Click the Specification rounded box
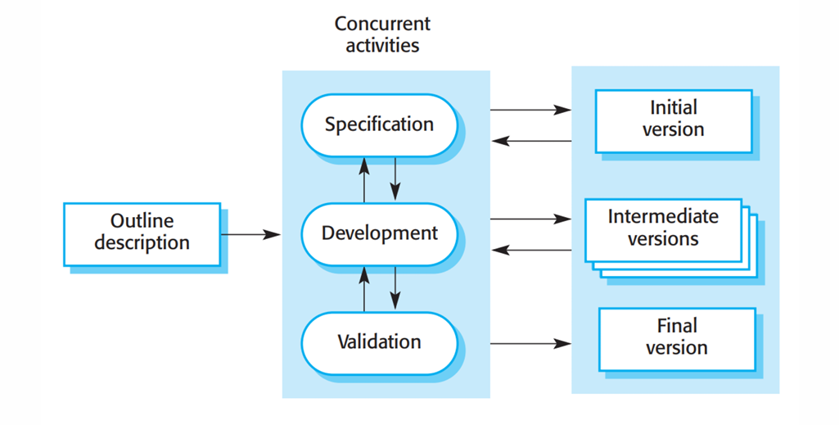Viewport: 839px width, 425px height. (379, 125)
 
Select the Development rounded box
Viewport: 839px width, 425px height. (379, 234)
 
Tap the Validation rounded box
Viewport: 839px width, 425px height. (379, 342)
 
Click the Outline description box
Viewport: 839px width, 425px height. (142, 234)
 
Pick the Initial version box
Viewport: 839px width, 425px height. (674, 121)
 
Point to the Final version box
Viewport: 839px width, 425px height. (677, 339)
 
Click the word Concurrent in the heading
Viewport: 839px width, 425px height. (382, 24)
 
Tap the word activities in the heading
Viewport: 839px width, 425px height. (382, 45)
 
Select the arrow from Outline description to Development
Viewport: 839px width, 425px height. (251, 234)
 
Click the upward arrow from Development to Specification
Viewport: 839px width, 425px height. (364, 180)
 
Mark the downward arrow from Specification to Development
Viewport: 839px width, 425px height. (395, 179)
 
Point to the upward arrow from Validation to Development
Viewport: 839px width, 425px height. (364, 289)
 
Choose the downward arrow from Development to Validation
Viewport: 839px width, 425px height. (395, 288)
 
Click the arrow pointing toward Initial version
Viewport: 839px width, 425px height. (530, 110)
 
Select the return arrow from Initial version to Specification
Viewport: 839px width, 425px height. (531, 142)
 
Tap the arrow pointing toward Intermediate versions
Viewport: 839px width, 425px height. (530, 219)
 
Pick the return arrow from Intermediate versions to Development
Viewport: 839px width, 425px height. (531, 250)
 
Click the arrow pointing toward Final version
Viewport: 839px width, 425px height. (530, 344)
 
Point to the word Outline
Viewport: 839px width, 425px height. (142, 220)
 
